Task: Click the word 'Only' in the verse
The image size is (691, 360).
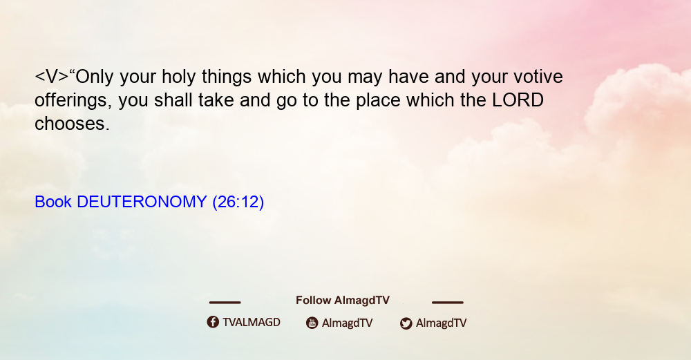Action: pyautogui.click(x=95, y=77)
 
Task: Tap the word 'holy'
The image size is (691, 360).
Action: pyautogui.click(x=178, y=77)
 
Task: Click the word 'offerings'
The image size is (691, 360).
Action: pyautogui.click(x=71, y=100)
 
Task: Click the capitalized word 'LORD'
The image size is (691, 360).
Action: pyautogui.click(x=518, y=100)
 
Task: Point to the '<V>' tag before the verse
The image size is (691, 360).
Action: pyautogui.click(x=52, y=77)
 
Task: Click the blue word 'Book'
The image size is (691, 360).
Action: pyautogui.click(x=53, y=202)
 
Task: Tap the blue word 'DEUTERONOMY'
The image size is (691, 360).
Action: pyautogui.click(x=142, y=202)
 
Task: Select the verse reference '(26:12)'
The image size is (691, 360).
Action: pyautogui.click(x=238, y=202)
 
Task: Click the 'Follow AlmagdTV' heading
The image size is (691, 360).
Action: pyautogui.click(x=343, y=301)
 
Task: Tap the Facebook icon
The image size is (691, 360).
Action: pyautogui.click(x=213, y=322)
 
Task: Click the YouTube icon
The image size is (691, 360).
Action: pyautogui.click(x=312, y=323)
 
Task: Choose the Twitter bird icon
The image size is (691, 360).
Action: pyautogui.click(x=406, y=323)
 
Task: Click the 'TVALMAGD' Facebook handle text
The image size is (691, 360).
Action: pyautogui.click(x=252, y=323)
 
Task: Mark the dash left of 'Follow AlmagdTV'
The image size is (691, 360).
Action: pyautogui.click(x=225, y=303)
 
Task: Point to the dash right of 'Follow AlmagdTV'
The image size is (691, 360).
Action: pyautogui.click(x=448, y=303)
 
